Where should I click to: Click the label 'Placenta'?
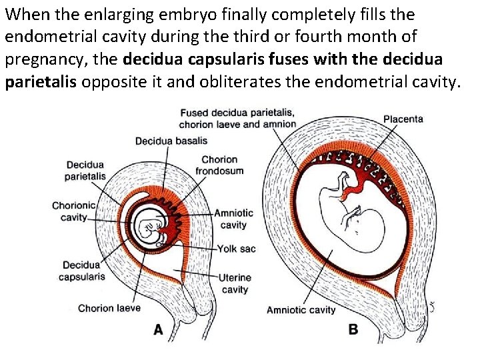click(403, 119)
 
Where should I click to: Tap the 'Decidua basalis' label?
click(171, 141)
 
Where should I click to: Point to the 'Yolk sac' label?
click(237, 249)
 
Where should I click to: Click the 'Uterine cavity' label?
click(235, 283)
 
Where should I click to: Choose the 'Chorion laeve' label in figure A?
click(109, 308)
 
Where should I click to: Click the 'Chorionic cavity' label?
click(73, 211)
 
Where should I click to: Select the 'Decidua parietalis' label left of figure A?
click(85, 171)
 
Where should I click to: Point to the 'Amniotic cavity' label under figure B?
click(301, 310)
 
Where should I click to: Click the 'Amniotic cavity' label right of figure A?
click(233, 219)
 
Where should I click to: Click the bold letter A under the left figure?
click(158, 329)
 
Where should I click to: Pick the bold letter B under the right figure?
click(353, 329)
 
